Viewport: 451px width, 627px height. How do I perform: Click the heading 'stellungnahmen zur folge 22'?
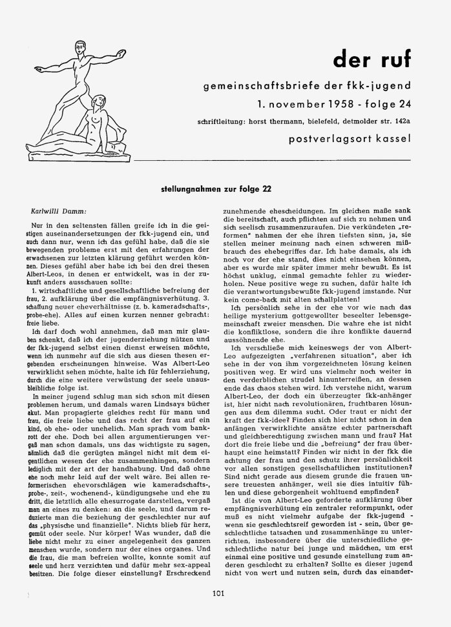click(218, 189)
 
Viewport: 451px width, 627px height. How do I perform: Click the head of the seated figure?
click(100, 99)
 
